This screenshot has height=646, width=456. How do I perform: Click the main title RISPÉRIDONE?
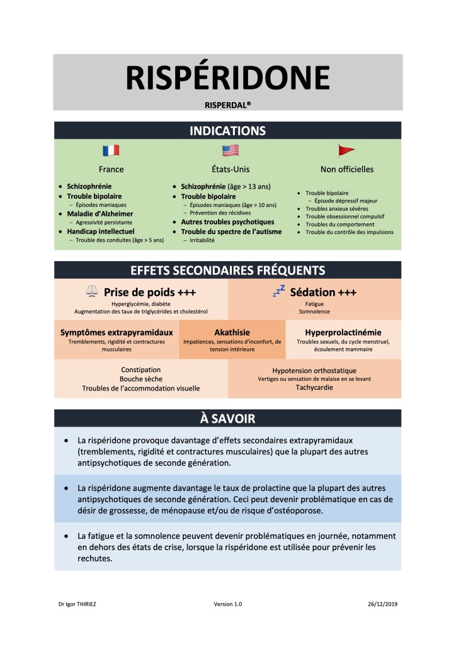click(x=227, y=78)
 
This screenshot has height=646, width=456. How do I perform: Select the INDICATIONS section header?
click(x=227, y=131)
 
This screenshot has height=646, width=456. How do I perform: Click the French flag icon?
click(x=111, y=151)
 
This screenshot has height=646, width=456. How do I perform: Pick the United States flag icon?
click(x=230, y=151)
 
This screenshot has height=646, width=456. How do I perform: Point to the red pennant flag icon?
click(x=346, y=151)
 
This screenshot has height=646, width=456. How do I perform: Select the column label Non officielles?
click(x=347, y=169)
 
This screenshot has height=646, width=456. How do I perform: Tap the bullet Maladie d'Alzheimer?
click(x=100, y=214)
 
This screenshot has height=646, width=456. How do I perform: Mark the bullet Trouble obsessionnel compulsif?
click(x=345, y=216)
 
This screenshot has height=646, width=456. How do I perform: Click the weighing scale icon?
click(x=92, y=291)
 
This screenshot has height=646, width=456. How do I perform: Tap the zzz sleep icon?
click(x=278, y=291)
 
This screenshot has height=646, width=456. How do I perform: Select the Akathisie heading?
click(x=232, y=332)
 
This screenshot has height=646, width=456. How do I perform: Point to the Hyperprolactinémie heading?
click(x=343, y=332)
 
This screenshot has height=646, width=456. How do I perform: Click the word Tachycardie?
click(x=314, y=387)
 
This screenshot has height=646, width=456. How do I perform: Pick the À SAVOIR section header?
click(x=227, y=418)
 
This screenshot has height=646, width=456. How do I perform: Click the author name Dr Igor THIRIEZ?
click(x=77, y=604)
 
